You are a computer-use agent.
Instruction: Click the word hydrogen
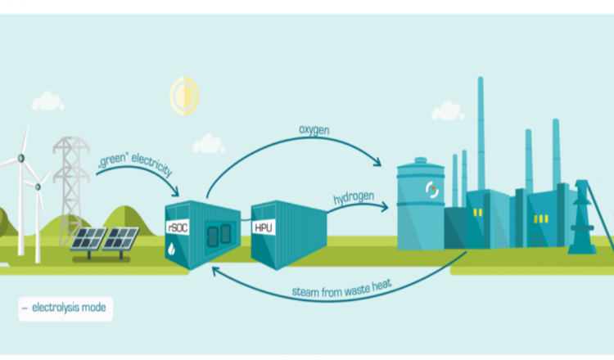353,199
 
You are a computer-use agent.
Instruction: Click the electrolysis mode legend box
66,308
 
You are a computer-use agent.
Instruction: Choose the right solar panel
121,239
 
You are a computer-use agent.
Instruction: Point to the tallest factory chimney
481,131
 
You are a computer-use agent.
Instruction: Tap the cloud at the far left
47,101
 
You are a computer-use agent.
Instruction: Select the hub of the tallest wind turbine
22,158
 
